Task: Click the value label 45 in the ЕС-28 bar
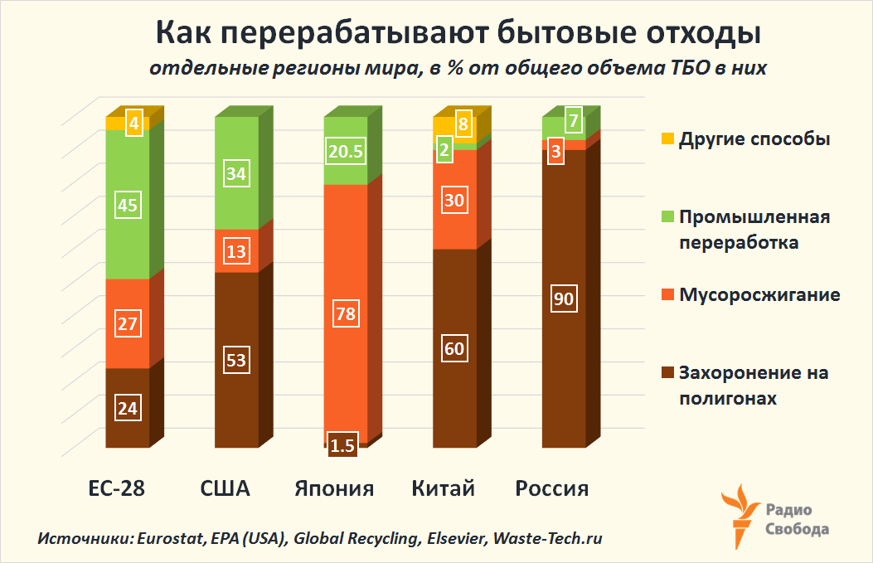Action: [x=128, y=205]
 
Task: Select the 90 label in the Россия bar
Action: [x=564, y=299]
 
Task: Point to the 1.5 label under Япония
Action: [x=342, y=445]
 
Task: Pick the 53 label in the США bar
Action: [x=236, y=360]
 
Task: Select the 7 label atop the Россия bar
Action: [x=573, y=121]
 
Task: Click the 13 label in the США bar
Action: [x=236, y=251]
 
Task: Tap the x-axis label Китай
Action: [x=444, y=488]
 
